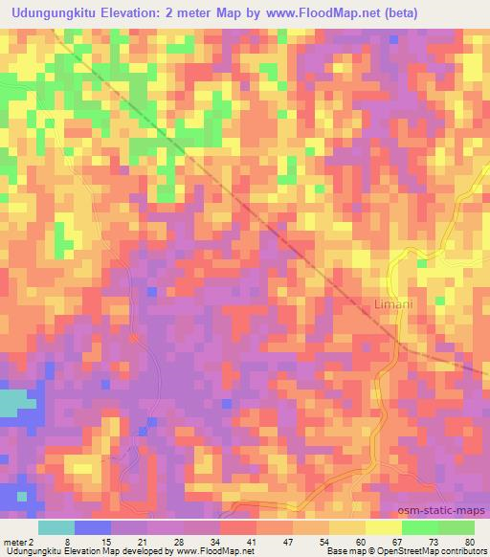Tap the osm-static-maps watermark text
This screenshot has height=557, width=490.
[x=443, y=510]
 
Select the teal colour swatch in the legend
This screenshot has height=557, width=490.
[x=56, y=527]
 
